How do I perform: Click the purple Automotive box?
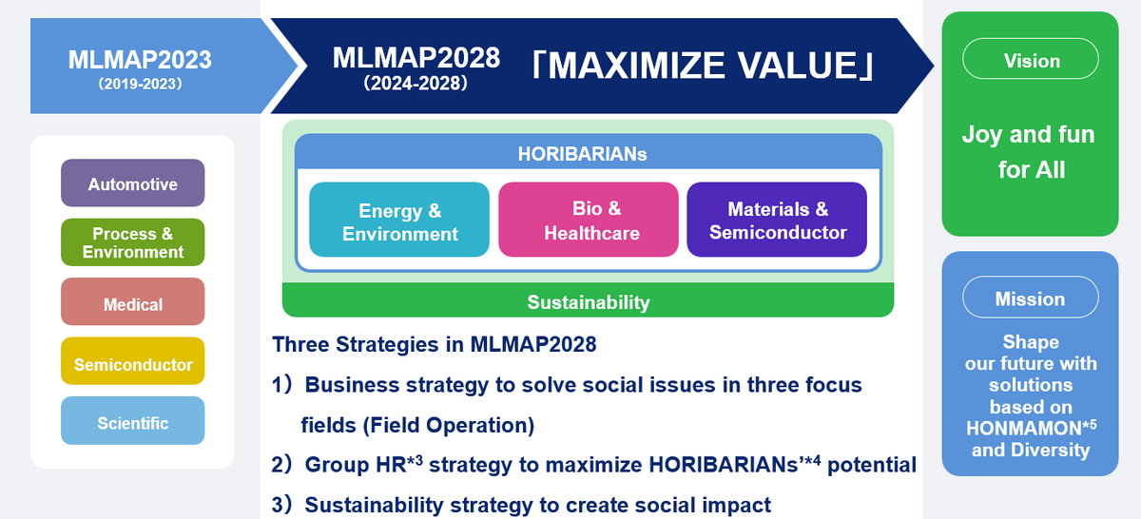(133, 183)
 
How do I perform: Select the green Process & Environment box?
(133, 242)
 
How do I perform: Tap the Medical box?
(133, 301)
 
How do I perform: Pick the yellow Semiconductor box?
(133, 361)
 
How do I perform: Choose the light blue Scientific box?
(133, 421)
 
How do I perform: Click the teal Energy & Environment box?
(399, 220)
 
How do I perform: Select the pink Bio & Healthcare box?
(589, 220)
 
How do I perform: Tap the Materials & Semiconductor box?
(777, 220)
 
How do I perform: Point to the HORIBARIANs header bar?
(589, 152)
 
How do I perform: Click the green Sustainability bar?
(589, 300)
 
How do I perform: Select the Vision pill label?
(1031, 59)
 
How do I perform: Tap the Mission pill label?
(1031, 298)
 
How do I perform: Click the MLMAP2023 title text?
(140, 60)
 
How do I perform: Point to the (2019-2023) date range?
(140, 84)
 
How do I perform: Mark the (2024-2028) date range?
(416, 83)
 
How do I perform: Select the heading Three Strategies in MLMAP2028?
(435, 344)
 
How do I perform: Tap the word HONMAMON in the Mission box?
(1024, 429)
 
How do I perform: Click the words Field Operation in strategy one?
(448, 425)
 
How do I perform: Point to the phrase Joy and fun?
(1029, 135)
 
